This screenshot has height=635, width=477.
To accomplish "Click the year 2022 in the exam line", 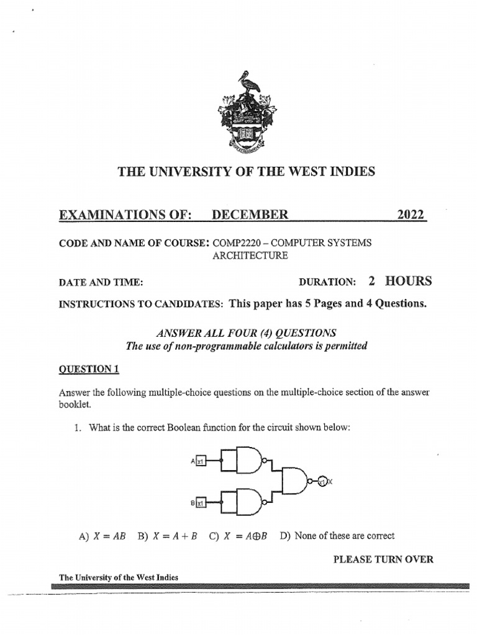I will tap(411, 215).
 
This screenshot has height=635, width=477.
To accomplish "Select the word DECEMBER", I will tap(250, 215).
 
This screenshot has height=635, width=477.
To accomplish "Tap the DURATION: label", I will tap(327, 282).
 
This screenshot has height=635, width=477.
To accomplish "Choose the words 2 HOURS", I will tap(399, 281).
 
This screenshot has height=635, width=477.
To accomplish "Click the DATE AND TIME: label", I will tap(101, 283).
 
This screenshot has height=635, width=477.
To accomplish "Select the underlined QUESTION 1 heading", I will tap(88, 369).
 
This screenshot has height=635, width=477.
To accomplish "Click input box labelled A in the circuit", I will tap(201, 461).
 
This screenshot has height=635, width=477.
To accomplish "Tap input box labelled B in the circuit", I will tap(201, 504).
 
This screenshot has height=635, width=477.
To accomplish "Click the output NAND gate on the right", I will tap(297, 481).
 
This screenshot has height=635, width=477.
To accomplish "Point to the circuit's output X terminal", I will tap(322, 481).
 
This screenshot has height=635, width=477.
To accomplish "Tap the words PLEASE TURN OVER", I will tap(383, 559).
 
